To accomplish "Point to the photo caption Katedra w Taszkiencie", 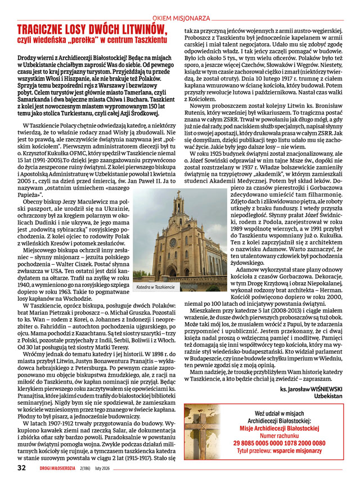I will tap(156, 287).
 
